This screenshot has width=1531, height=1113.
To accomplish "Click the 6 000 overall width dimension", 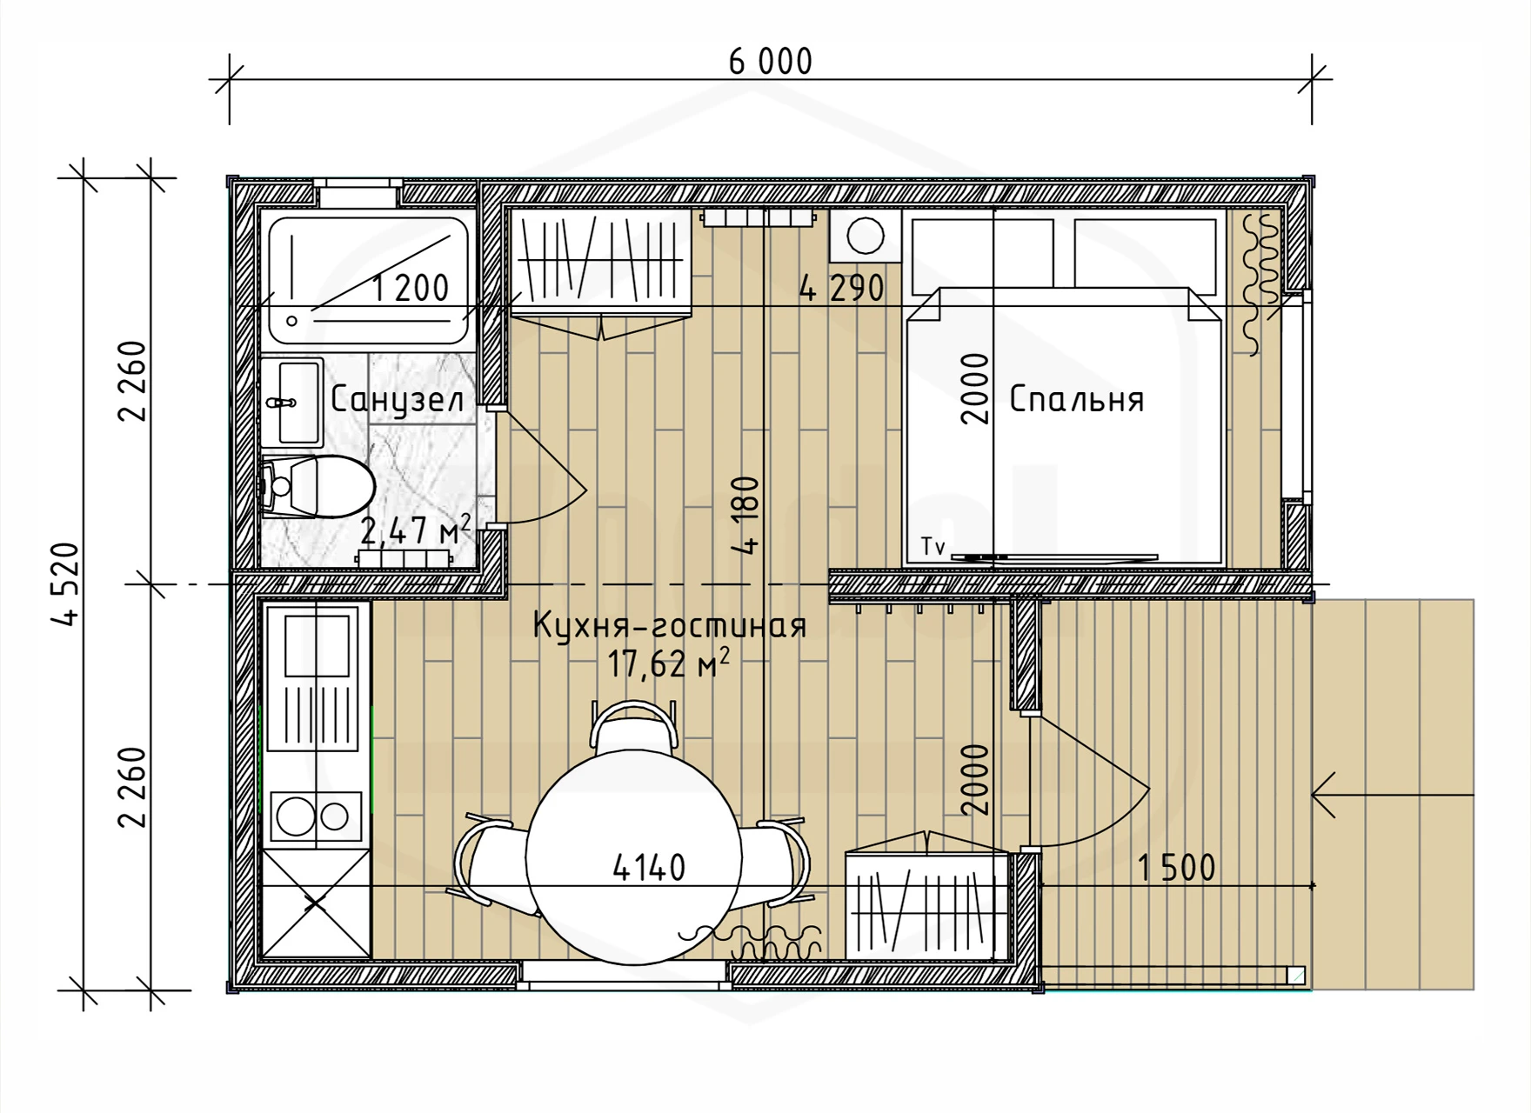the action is click(x=771, y=62).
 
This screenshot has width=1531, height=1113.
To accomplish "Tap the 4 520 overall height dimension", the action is click(x=66, y=583).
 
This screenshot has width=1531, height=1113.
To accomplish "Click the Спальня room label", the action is click(x=1076, y=399).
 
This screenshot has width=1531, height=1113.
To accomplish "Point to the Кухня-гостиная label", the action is click(x=670, y=625).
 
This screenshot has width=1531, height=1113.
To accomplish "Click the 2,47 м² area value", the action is click(x=416, y=530).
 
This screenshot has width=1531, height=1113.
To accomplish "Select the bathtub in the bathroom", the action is click(x=368, y=280).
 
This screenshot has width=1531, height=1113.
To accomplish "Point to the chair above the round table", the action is click(x=634, y=727).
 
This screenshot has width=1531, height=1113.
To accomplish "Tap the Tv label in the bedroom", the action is click(x=933, y=547).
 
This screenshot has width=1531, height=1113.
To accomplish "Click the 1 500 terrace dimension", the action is click(x=1176, y=867).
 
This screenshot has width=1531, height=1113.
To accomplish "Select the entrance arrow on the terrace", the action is click(x=1393, y=795).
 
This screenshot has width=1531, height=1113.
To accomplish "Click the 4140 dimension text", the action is click(x=649, y=867).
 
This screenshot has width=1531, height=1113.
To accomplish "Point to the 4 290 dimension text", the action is click(x=841, y=288).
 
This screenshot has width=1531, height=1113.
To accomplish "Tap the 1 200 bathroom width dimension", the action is click(x=411, y=288).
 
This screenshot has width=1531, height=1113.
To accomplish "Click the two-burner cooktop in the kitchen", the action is click(x=316, y=816).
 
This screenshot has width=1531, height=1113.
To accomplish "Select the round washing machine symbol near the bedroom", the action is click(x=865, y=235).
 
